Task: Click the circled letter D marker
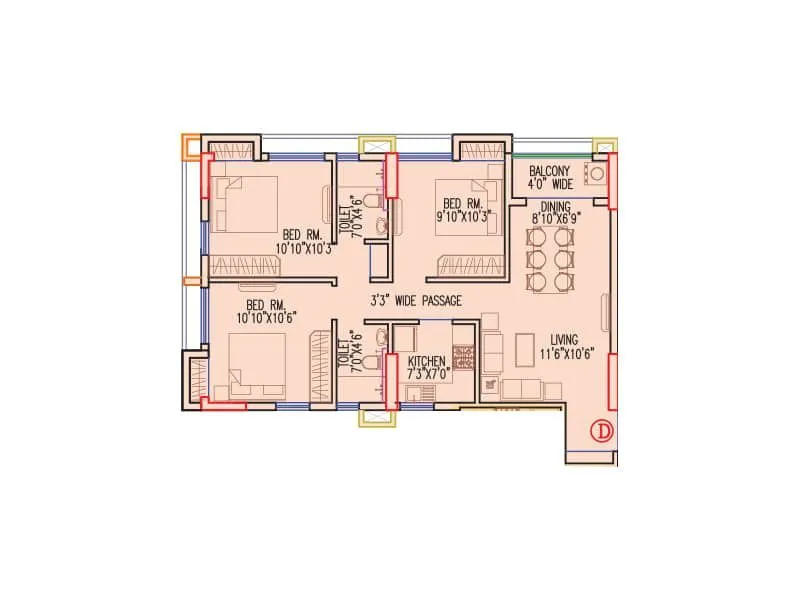coord(601,431)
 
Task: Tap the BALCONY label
coord(550,170)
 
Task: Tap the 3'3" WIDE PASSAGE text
coord(416,300)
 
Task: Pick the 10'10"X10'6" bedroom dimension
coord(267,317)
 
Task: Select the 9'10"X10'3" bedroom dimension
coord(465,214)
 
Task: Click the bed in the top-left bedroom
coord(249,204)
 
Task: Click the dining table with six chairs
coord(551,256)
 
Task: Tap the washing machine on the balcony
coord(597,173)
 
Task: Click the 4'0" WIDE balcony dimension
coord(550,184)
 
